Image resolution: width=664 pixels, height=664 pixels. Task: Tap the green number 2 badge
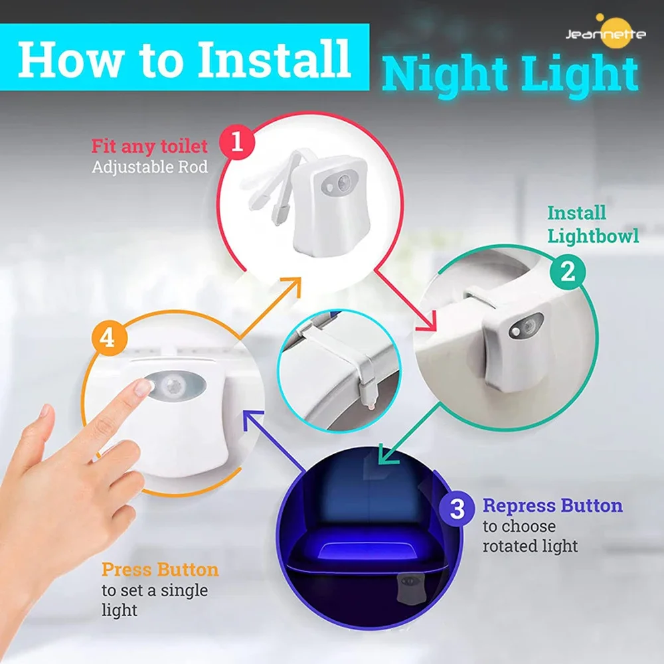pyautogui.click(x=568, y=271)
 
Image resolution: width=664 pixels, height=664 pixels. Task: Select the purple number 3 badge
pyautogui.click(x=457, y=509)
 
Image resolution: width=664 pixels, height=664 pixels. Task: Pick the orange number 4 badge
pyautogui.click(x=107, y=338)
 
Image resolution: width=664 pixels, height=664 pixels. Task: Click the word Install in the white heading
pyautogui.click(x=274, y=58)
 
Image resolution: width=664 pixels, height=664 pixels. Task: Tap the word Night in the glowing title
pyautogui.click(x=439, y=74)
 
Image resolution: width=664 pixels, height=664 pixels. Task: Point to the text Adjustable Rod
pyautogui.click(x=149, y=166)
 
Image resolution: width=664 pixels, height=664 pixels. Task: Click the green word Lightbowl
pyautogui.click(x=594, y=236)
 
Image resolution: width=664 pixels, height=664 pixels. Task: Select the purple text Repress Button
pyautogui.click(x=552, y=506)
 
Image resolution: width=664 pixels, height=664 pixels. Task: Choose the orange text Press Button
pyautogui.click(x=160, y=570)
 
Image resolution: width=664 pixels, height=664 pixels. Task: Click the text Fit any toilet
pyautogui.click(x=149, y=145)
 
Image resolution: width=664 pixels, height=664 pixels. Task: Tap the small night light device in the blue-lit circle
pyautogui.click(x=407, y=588)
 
